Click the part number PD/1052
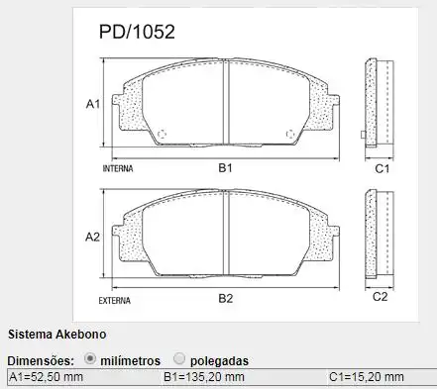(x=137, y=32)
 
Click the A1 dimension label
(x=92, y=104)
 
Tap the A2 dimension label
(x=92, y=237)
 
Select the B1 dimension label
(x=225, y=169)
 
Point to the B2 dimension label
(x=225, y=297)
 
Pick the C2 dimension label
(x=380, y=297)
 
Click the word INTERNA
(x=118, y=169)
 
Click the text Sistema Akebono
(x=55, y=335)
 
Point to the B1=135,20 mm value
(x=204, y=378)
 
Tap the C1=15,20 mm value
(x=366, y=378)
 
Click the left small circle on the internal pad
(x=164, y=135)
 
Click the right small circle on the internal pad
(x=289, y=135)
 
